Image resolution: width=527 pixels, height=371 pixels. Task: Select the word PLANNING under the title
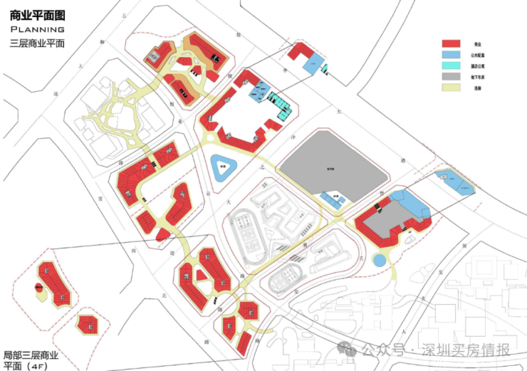tap(38, 29)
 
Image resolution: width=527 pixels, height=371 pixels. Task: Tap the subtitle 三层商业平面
tap(38, 43)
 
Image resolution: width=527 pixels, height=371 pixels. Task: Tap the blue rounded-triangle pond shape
tap(223, 169)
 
